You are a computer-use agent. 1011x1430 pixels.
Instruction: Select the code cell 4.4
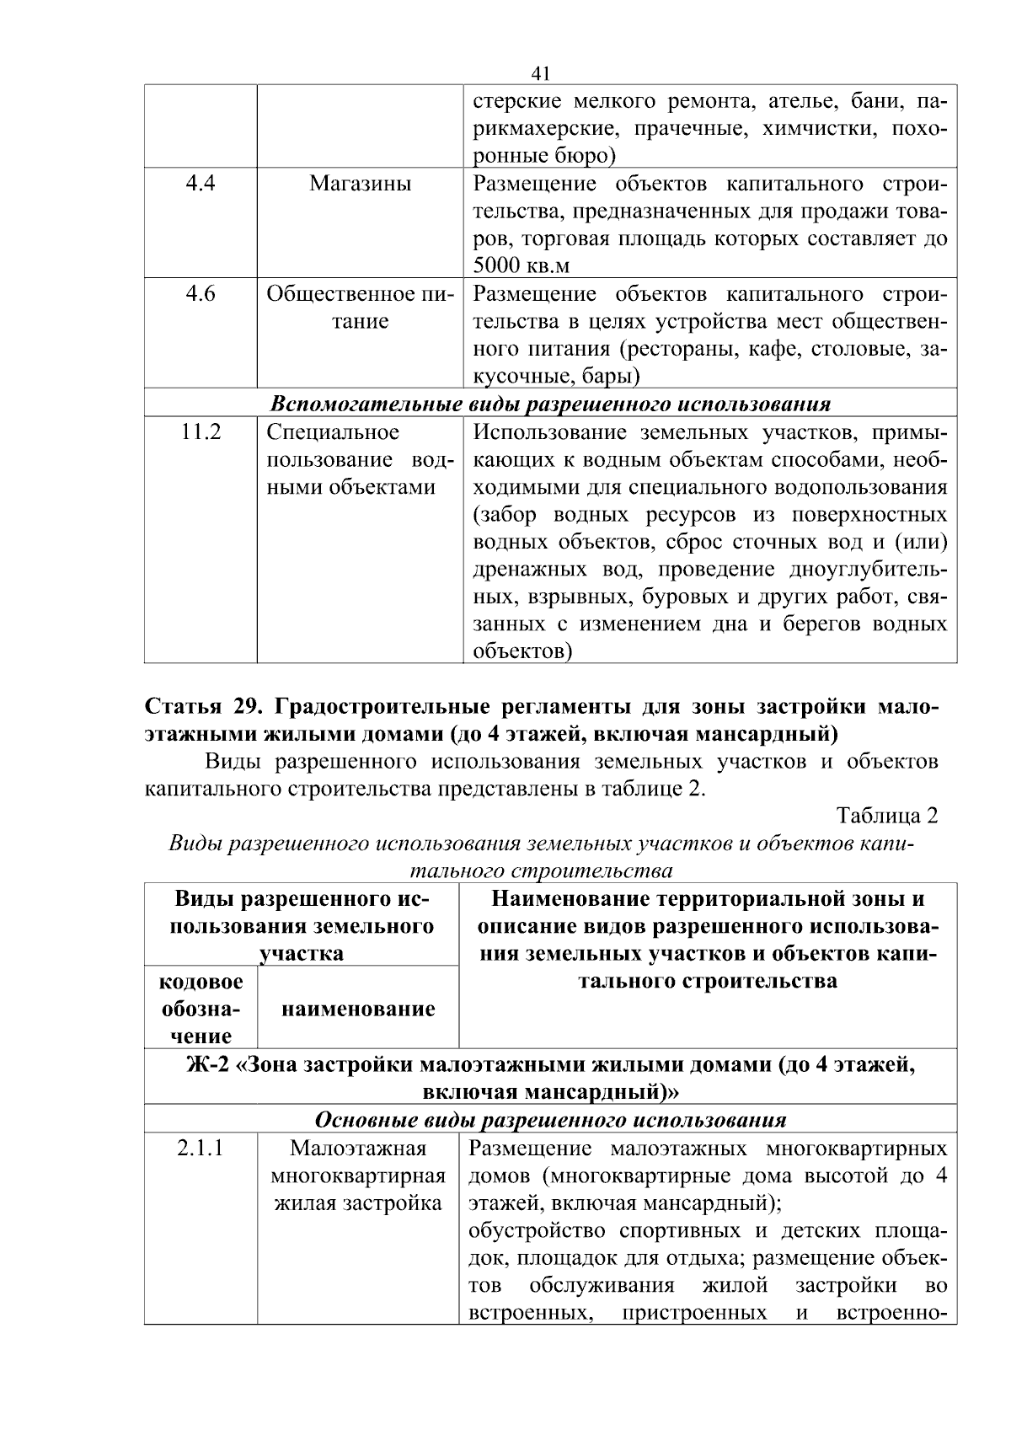pyautogui.click(x=200, y=183)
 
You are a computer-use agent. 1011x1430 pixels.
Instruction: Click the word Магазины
pyautogui.click(x=360, y=184)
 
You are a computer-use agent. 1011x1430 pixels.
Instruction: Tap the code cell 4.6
pyautogui.click(x=200, y=294)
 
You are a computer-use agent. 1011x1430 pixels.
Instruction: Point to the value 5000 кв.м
pyautogui.click(x=521, y=266)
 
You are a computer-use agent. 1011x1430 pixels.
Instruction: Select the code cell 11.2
pyautogui.click(x=201, y=432)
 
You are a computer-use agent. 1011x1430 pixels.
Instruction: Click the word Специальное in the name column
pyautogui.click(x=333, y=432)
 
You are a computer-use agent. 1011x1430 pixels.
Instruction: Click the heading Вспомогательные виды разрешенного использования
pyautogui.click(x=550, y=404)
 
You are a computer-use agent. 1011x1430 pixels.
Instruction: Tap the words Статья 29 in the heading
pyautogui.click(x=205, y=706)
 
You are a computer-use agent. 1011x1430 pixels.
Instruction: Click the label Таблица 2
pyautogui.click(x=886, y=816)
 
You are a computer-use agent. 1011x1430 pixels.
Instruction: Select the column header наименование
pyautogui.click(x=358, y=1009)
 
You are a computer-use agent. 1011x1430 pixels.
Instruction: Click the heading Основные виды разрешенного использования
pyautogui.click(x=550, y=1120)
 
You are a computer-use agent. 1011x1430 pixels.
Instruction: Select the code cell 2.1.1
pyautogui.click(x=201, y=1149)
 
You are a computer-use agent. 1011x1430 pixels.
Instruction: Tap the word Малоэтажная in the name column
pyautogui.click(x=358, y=1149)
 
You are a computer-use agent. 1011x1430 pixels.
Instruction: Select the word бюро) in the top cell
pyautogui.click(x=585, y=156)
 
